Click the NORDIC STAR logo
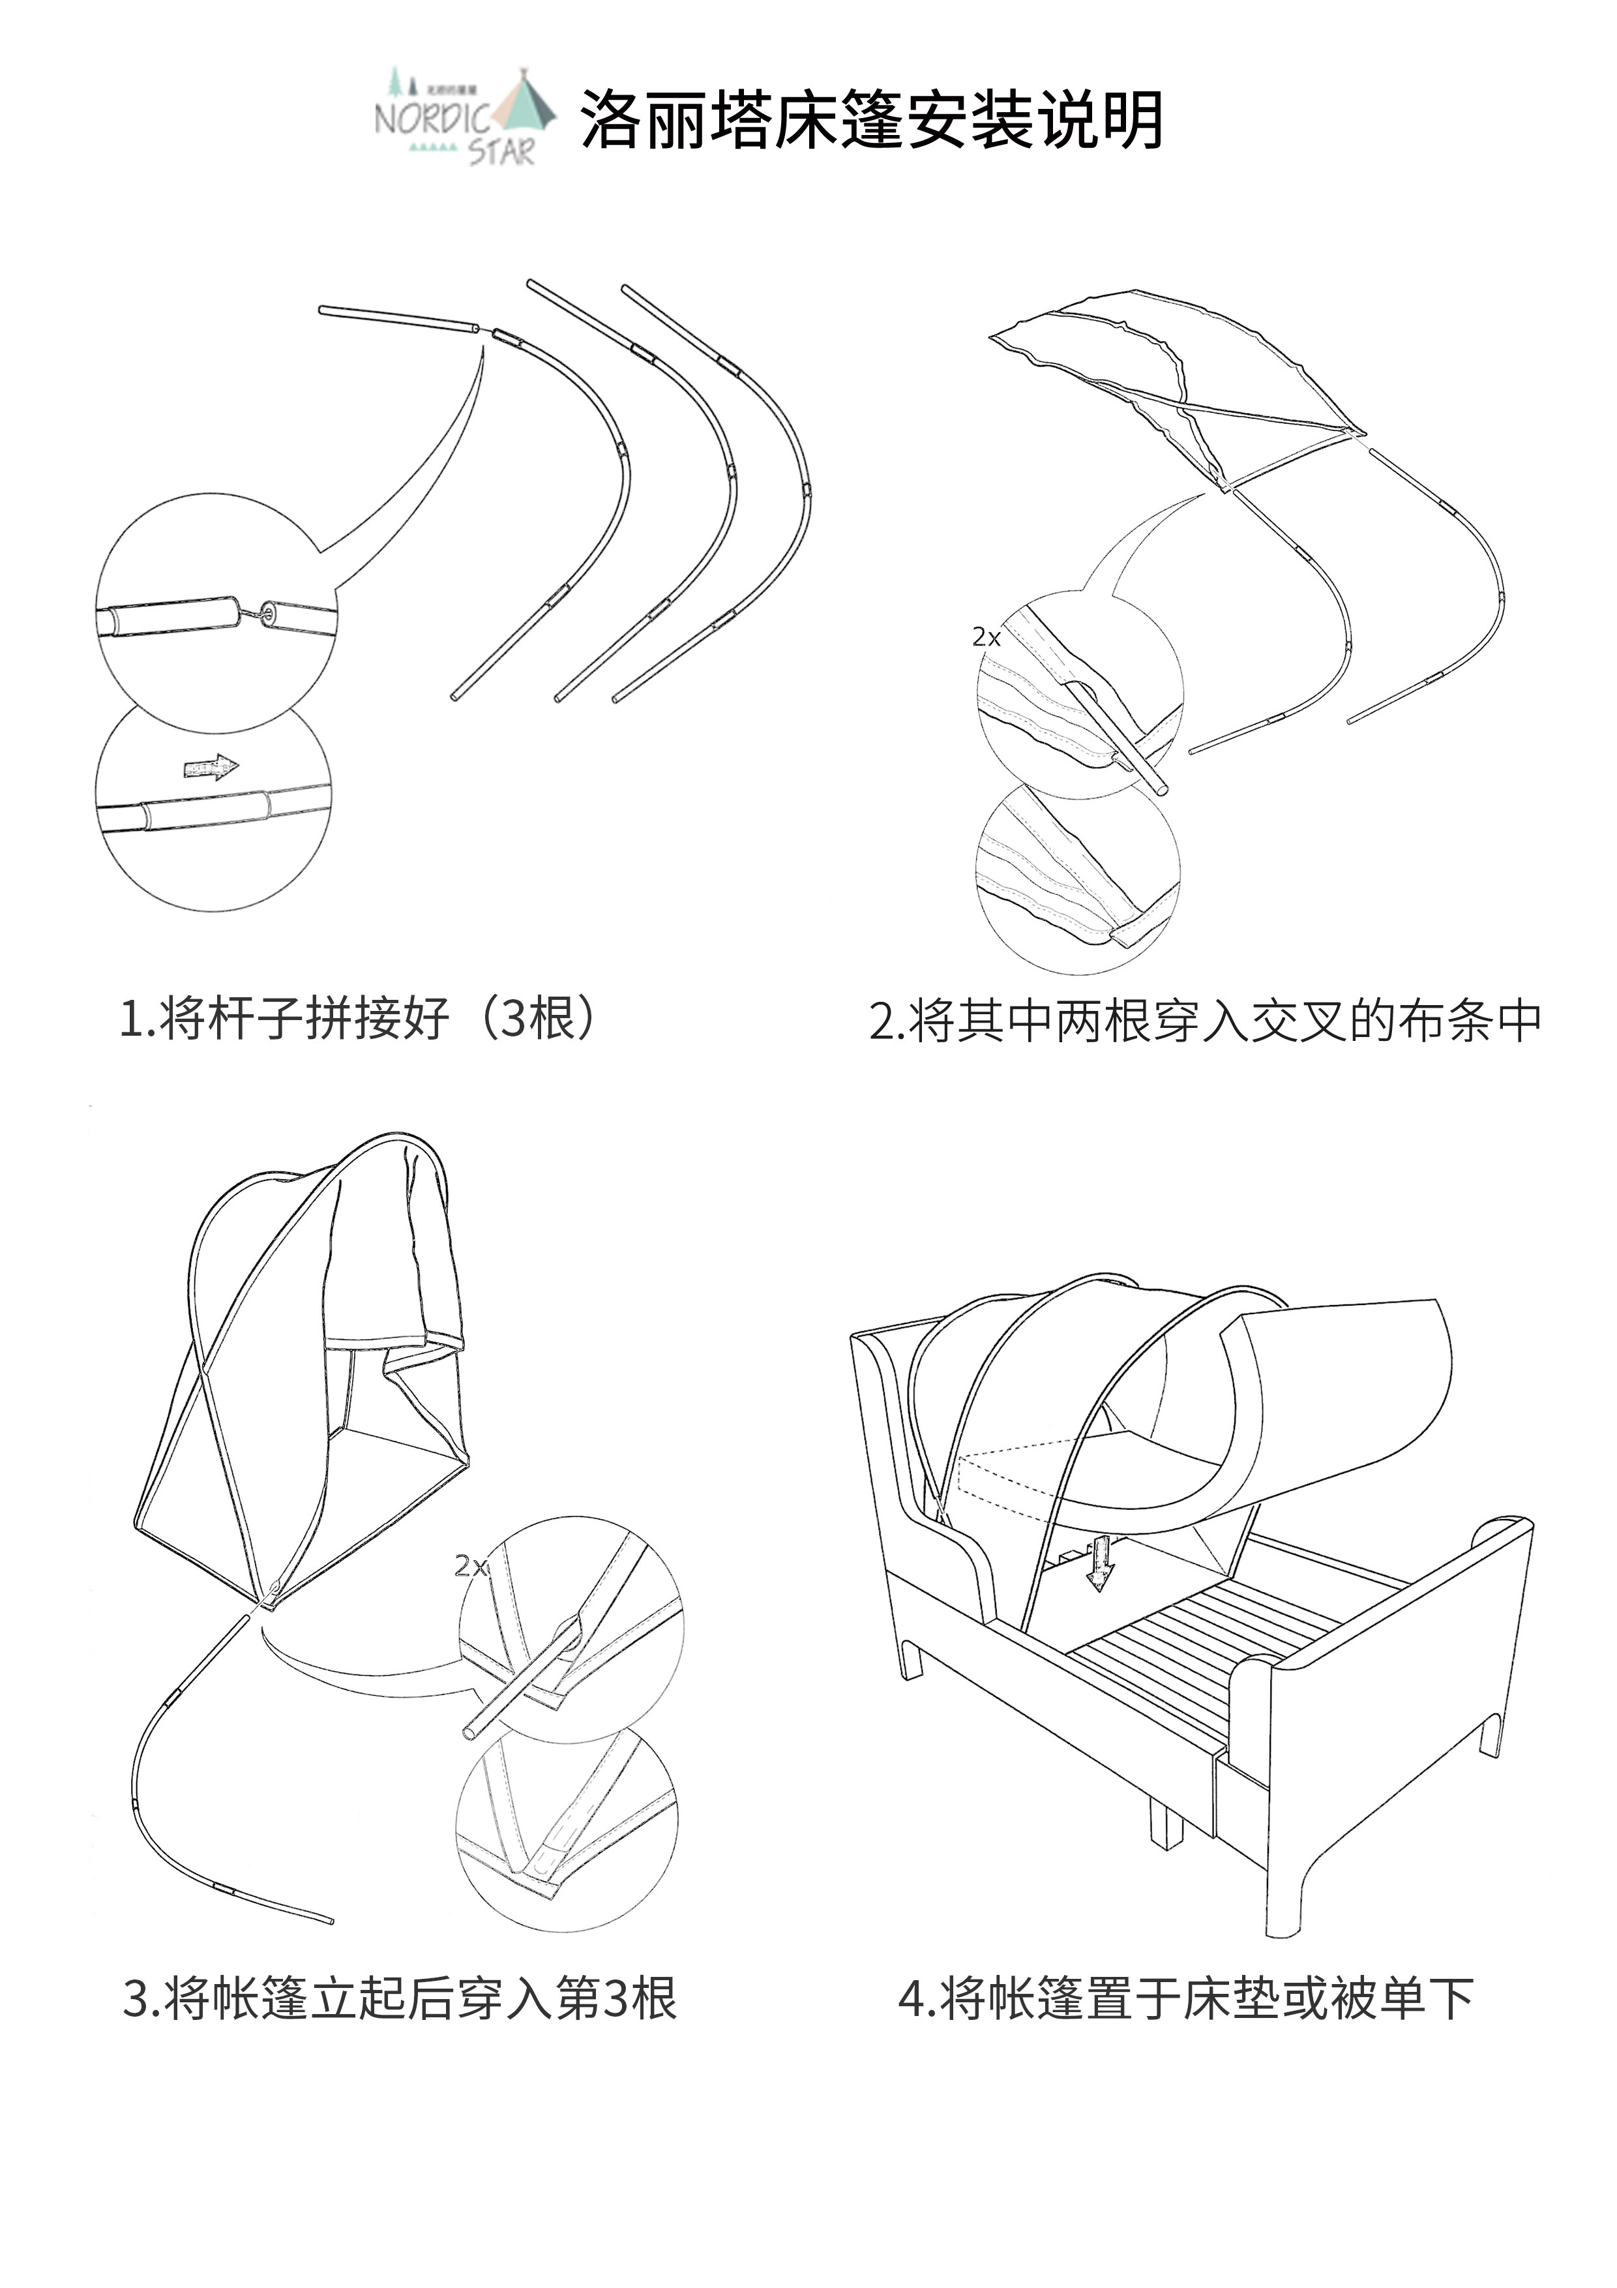point(464,117)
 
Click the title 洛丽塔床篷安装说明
point(872,119)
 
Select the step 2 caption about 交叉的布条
point(1206,1021)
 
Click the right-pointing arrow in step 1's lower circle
point(211,766)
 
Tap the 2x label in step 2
point(985,637)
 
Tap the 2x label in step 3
point(470,1565)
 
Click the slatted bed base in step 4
point(1196,1634)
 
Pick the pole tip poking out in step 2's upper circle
point(1156,780)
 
